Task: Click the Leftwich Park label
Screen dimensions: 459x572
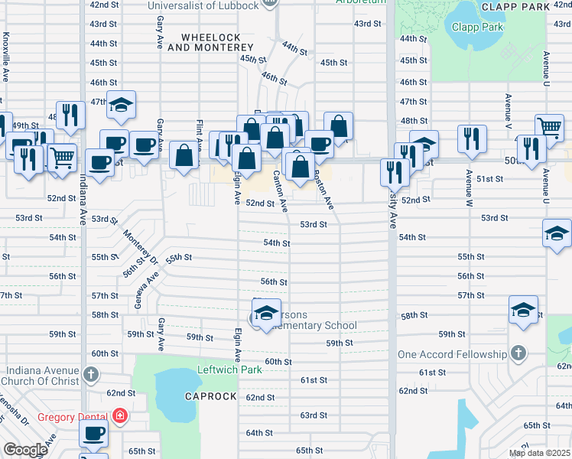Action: tap(230, 370)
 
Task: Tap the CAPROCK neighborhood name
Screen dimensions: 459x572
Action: tap(210, 396)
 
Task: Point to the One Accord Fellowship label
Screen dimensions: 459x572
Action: tap(452, 354)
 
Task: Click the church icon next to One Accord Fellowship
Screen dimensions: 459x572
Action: tap(518, 353)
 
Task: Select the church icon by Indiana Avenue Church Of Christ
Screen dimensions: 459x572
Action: tap(91, 374)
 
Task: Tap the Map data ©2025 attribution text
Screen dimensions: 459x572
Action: tap(539, 453)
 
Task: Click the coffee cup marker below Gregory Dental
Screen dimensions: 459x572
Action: tap(93, 434)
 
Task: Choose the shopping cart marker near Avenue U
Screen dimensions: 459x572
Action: tap(549, 128)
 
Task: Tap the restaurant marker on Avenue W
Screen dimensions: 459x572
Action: tap(472, 139)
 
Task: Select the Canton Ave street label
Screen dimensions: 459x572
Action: tap(280, 192)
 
